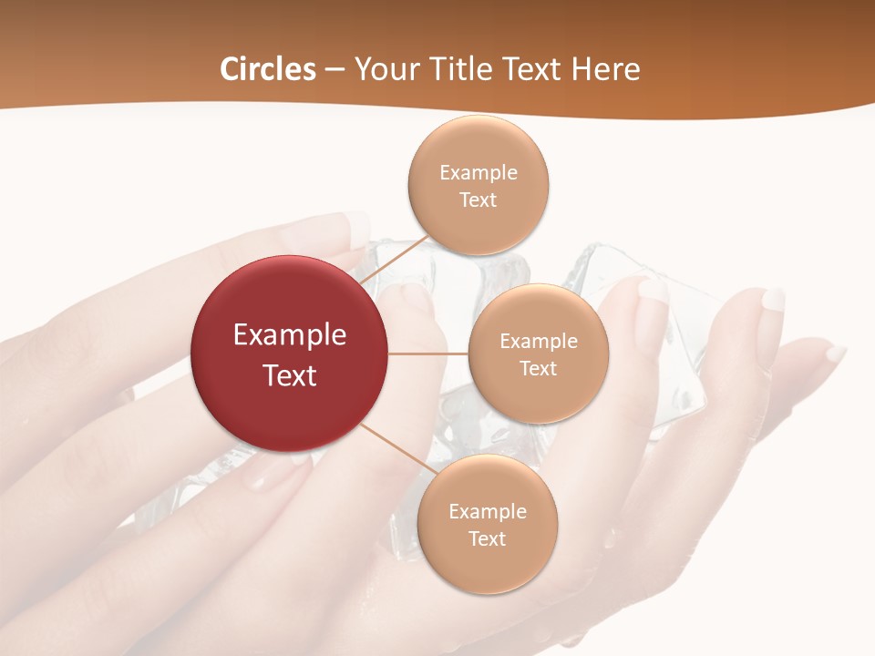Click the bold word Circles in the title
[x=267, y=69]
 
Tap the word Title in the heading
[x=458, y=69]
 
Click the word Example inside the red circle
[x=290, y=335]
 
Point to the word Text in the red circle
[x=290, y=375]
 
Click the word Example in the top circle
[x=479, y=173]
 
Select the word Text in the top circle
[x=479, y=200]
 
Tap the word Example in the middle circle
[x=539, y=342]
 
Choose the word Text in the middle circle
[x=539, y=369]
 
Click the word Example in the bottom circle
[x=488, y=512]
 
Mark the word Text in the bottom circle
[x=488, y=539]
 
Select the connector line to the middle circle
[x=428, y=354]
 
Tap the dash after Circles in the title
[x=335, y=70]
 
